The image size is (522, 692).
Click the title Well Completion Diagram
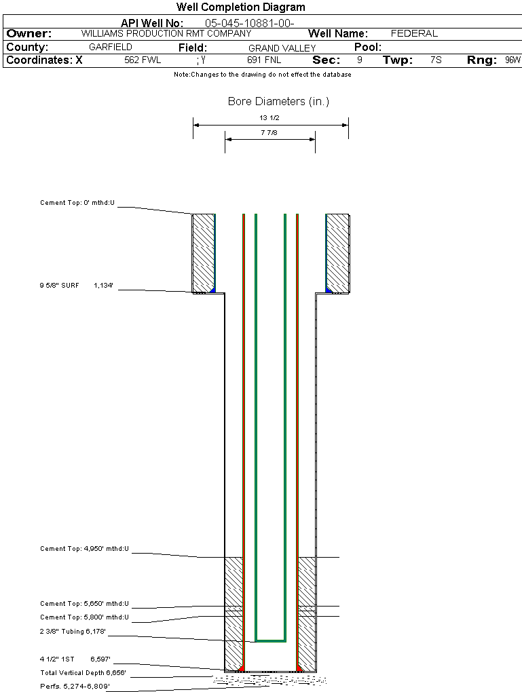241,7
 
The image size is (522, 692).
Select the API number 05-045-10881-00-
250,23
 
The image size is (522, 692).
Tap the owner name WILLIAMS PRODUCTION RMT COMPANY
166,33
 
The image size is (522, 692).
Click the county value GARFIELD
111,47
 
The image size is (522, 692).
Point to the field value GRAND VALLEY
282,48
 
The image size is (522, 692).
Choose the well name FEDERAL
414,33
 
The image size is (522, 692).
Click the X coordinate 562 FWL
143,60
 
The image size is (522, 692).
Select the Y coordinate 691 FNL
264,60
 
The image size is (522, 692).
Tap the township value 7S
436,60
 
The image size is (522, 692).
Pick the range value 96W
512,60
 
